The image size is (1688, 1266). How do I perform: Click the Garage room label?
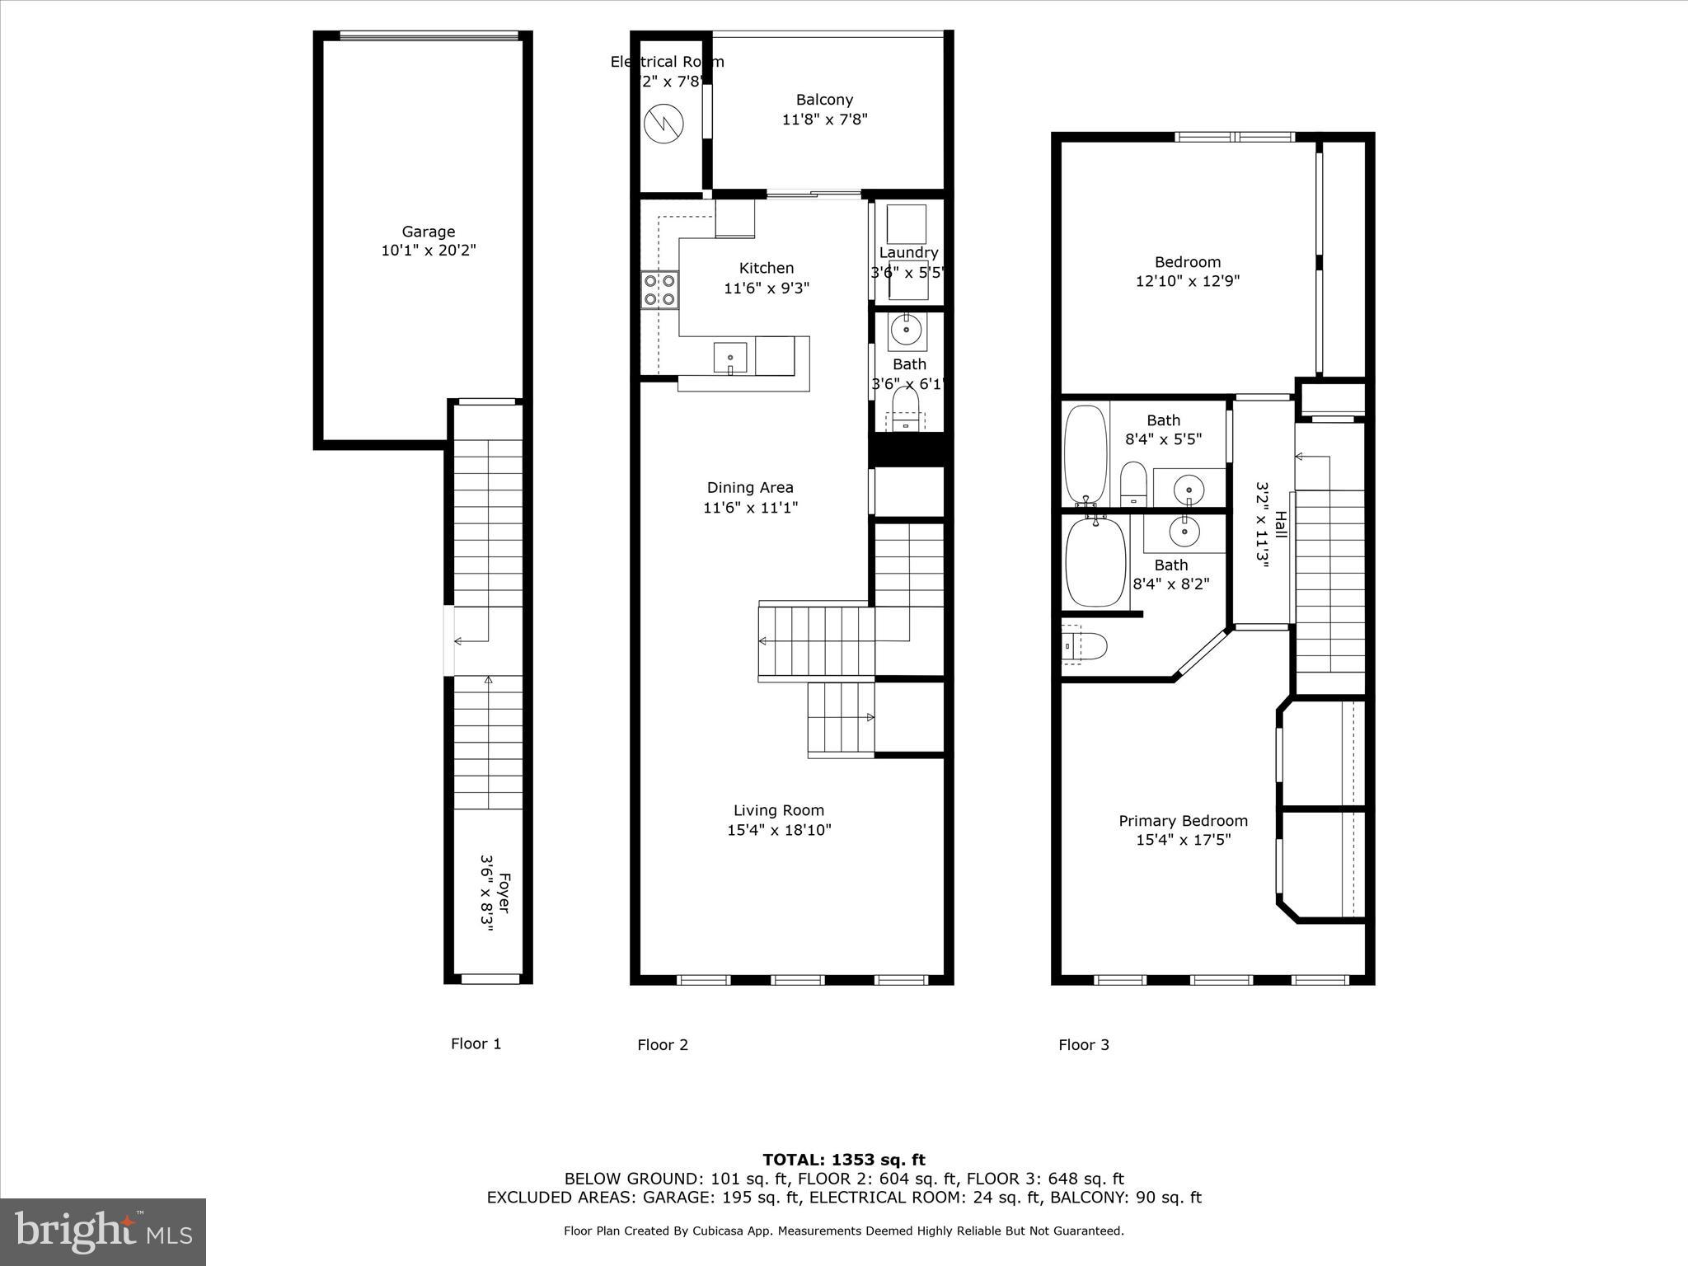pos(428,232)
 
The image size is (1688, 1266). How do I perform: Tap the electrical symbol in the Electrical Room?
pos(663,124)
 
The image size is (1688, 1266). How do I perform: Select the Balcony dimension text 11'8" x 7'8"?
pos(824,120)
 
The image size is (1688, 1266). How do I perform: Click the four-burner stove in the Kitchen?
pos(659,290)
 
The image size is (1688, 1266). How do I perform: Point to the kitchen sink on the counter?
pos(730,359)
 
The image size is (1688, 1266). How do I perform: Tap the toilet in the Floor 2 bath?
pos(906,408)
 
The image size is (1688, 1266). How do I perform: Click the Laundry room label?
pos(908,252)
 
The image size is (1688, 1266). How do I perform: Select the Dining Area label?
pos(750,487)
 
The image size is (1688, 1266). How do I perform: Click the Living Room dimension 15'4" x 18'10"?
pos(779,830)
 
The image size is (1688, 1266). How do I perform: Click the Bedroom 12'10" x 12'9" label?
pos(1187,262)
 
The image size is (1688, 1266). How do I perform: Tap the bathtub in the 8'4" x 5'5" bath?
pos(1085,453)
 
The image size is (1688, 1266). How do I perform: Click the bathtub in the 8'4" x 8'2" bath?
pos(1095,564)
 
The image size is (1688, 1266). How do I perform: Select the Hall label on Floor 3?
pos(1281,524)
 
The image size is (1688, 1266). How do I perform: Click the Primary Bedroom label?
pos(1183,821)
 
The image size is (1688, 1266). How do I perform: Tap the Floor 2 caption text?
pos(662,1045)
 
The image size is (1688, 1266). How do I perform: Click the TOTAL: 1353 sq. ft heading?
pos(843,1160)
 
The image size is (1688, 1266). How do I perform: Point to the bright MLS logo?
pos(103,1231)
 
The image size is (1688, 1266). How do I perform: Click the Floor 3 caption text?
pos(1083,1045)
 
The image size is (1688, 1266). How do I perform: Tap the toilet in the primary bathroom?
pos(1085,645)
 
